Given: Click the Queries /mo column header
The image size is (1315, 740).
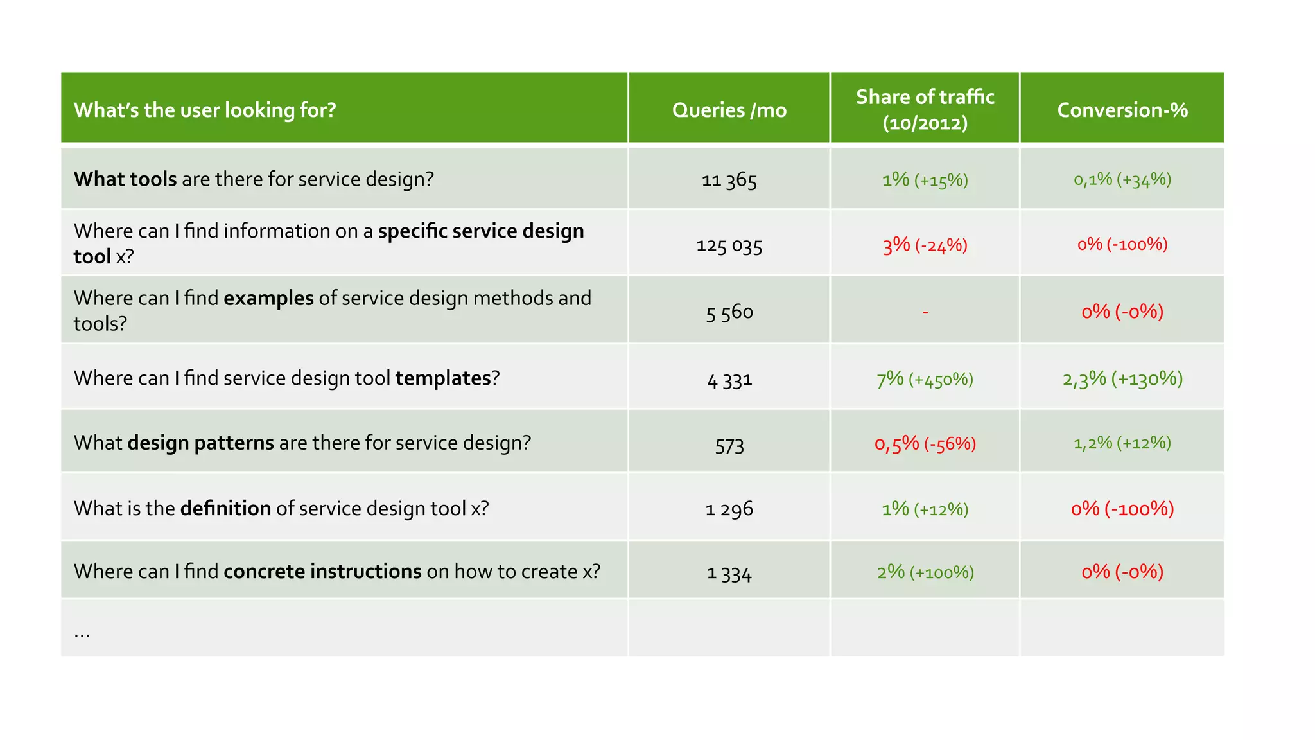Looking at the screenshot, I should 729,110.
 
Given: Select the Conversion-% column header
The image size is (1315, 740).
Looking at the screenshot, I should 1122,110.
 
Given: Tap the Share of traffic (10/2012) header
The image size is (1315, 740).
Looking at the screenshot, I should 925,109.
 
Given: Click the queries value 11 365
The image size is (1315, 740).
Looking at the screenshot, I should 729,180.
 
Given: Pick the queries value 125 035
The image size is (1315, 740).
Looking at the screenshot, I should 729,245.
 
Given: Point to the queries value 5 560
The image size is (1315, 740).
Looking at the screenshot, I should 729,312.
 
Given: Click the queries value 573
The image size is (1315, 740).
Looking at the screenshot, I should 729,445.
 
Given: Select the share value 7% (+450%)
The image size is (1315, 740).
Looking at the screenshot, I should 925,379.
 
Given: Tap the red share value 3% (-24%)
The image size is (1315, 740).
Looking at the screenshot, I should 925,245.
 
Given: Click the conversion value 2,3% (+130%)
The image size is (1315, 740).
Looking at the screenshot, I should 1122,378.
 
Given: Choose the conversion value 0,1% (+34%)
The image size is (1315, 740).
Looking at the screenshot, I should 1122,179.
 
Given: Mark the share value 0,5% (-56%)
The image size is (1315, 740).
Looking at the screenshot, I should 925,443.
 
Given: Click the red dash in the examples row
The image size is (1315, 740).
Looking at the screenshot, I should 925,312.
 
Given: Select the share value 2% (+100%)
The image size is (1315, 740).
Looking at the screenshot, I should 925,572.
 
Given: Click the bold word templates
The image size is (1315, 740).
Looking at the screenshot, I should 442,378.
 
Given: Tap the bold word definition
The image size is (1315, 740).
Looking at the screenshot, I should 225,508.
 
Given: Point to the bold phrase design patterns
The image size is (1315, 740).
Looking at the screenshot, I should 200,443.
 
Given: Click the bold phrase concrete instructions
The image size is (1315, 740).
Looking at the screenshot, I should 322,571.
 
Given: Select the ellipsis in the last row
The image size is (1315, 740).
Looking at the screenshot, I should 82,633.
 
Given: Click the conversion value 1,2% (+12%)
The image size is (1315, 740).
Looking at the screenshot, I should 1122,443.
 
